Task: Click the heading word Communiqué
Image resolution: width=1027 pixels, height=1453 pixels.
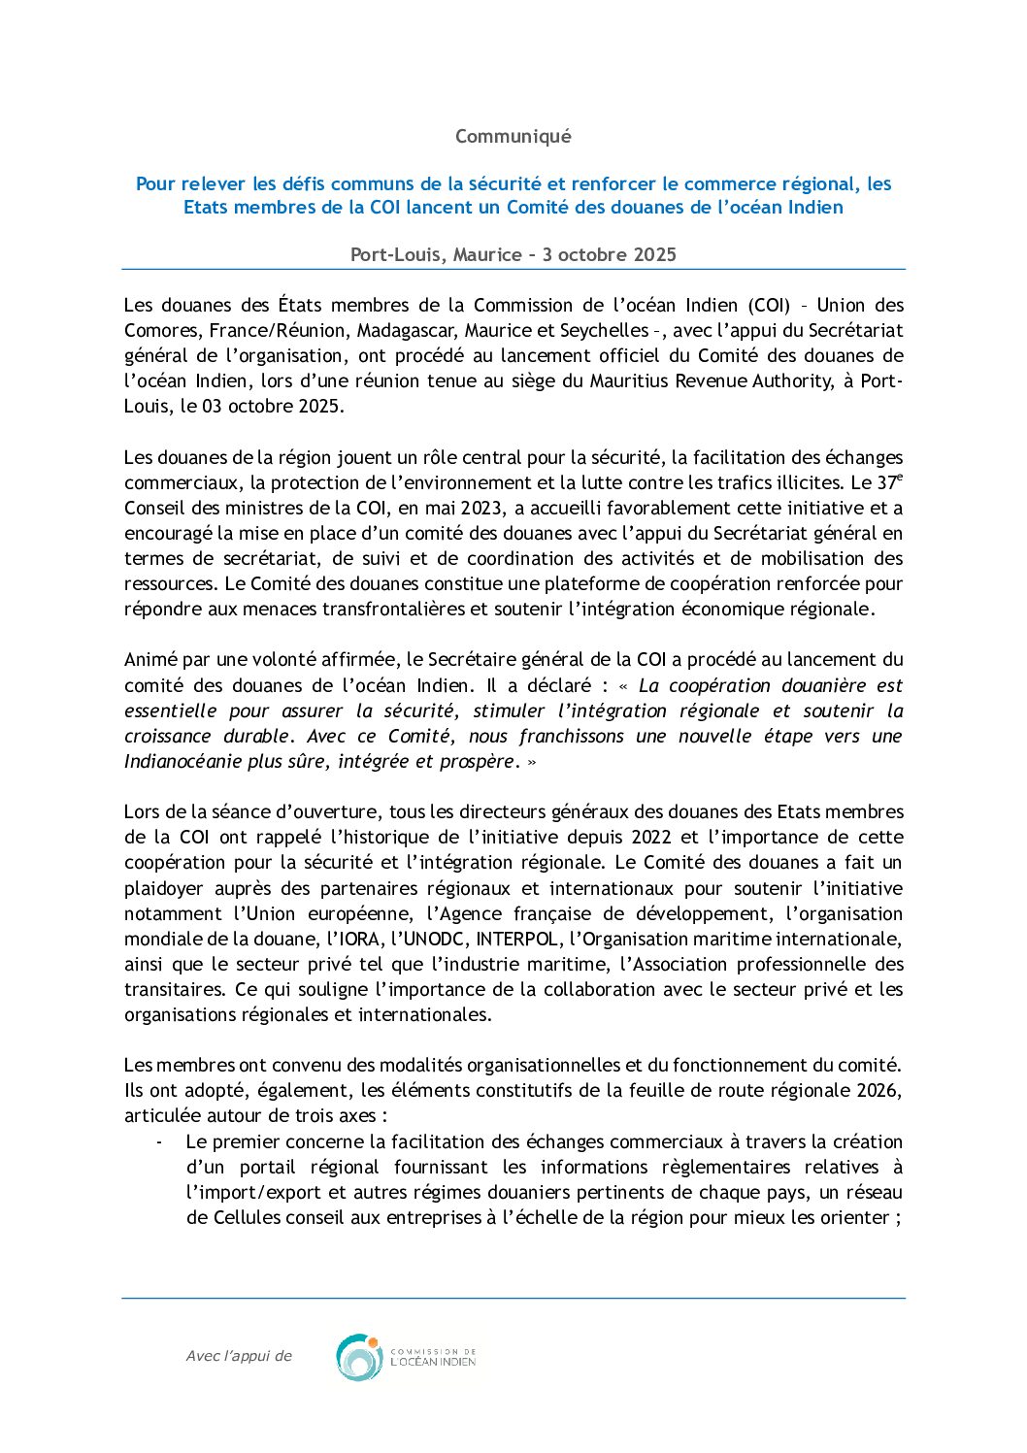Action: tap(513, 137)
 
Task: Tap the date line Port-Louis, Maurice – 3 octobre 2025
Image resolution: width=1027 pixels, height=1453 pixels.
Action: tap(513, 254)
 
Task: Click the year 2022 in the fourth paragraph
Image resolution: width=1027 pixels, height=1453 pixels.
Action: tap(651, 838)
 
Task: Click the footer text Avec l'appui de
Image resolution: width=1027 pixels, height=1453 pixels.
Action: tap(239, 1357)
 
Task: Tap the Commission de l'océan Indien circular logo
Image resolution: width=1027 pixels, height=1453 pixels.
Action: tap(359, 1357)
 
